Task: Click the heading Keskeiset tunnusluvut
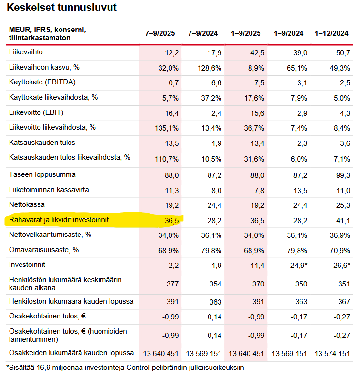61,8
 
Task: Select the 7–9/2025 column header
160,33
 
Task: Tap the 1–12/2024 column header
331,33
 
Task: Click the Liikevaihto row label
26,52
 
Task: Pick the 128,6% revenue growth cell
209,68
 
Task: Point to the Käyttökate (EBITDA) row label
42,82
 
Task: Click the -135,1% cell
165,128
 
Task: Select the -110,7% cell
165,159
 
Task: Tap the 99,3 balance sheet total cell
343,175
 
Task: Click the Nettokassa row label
27,204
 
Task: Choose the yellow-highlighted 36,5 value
172,221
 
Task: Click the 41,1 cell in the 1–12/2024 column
343,221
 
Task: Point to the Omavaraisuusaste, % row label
44,250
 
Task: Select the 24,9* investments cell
299,266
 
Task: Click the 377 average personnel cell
173,284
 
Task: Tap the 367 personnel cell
344,302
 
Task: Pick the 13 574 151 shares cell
332,354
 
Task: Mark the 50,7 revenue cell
343,53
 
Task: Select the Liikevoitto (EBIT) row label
36,112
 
